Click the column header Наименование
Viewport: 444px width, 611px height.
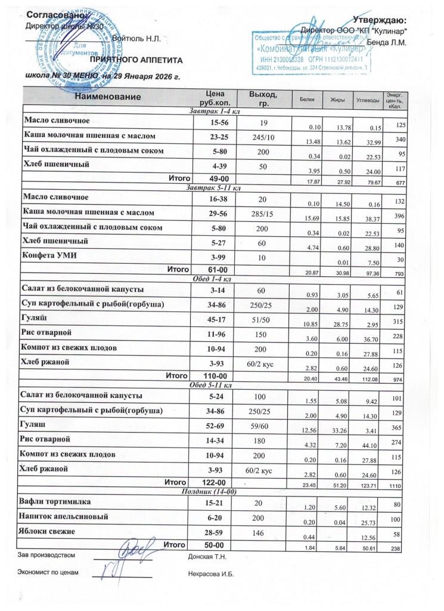click(108, 97)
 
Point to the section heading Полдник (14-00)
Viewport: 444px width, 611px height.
click(209, 491)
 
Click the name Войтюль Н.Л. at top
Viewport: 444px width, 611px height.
click(136, 39)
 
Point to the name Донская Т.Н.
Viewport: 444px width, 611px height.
click(209, 556)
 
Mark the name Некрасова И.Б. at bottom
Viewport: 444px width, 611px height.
click(211, 574)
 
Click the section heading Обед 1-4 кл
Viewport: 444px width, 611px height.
click(209, 279)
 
